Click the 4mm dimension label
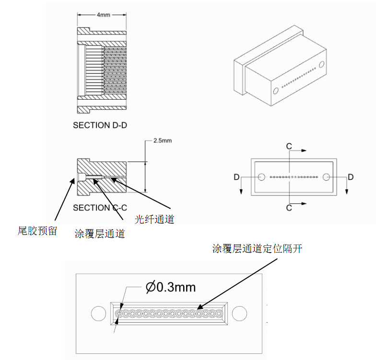pyautogui.click(x=104, y=15)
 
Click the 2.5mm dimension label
pyautogui.click(x=162, y=141)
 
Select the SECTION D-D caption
pyautogui.click(x=103, y=125)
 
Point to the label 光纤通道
pyautogui.click(x=154, y=220)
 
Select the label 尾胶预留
pyautogui.click(x=37, y=231)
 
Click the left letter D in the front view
pyautogui.click(x=237, y=177)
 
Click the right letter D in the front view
pyautogui.click(x=351, y=177)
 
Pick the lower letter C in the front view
pyautogui.click(x=289, y=208)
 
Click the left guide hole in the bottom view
pyautogui.click(x=98, y=314)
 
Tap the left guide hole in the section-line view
pyautogui.click(x=261, y=177)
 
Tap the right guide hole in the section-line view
pyautogui.click(x=326, y=177)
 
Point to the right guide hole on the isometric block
pyautogui.click(x=321, y=65)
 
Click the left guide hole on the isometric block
pyautogui.click(x=276, y=91)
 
